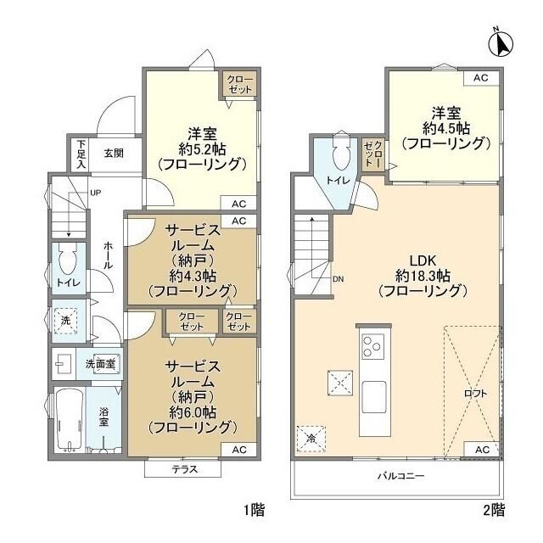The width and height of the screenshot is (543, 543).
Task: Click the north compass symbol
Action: (x=501, y=40)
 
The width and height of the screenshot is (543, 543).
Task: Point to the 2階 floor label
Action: (x=494, y=511)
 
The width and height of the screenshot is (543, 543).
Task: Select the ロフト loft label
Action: (x=476, y=394)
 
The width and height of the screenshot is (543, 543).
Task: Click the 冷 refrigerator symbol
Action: (x=311, y=439)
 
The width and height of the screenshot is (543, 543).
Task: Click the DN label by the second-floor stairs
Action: (x=339, y=279)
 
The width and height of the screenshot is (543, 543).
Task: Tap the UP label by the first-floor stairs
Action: (x=96, y=193)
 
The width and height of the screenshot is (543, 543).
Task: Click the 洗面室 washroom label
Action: (x=101, y=363)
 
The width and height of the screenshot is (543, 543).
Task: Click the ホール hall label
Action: (x=108, y=254)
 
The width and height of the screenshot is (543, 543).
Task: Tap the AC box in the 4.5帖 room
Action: (x=481, y=78)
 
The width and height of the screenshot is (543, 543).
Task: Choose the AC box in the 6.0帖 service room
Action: (x=238, y=449)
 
